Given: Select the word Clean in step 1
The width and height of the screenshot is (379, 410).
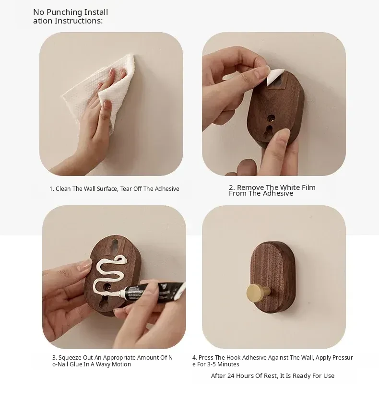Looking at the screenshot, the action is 63,189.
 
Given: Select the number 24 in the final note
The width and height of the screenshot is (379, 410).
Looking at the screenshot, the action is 231,376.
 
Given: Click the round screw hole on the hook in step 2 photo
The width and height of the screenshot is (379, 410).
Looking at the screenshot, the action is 272,118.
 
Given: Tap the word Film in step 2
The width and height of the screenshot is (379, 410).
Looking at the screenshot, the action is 309,187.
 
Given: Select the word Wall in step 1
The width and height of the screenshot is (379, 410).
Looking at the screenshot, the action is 89,189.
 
